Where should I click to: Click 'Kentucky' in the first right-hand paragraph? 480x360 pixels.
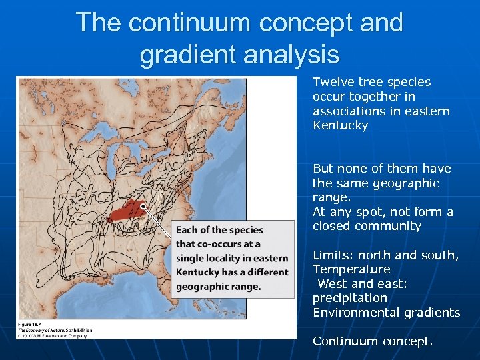[340, 125]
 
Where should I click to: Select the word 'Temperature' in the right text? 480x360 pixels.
[351, 269]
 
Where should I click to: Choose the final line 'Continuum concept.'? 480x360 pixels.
[373, 341]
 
